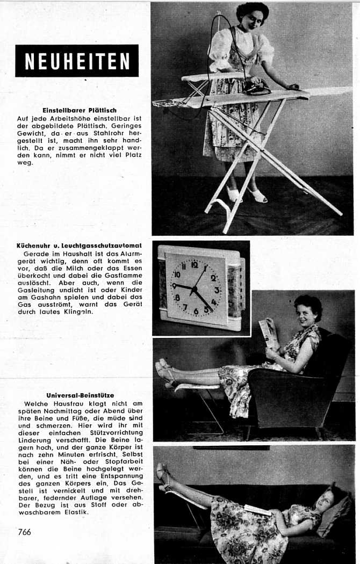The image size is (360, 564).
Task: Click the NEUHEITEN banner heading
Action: coord(77,61)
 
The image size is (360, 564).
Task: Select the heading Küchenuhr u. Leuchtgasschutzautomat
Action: coord(78,245)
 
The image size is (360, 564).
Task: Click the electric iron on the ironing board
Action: coord(256,88)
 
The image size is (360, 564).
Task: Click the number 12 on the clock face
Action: coord(195,264)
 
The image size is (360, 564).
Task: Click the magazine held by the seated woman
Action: coord(269,334)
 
